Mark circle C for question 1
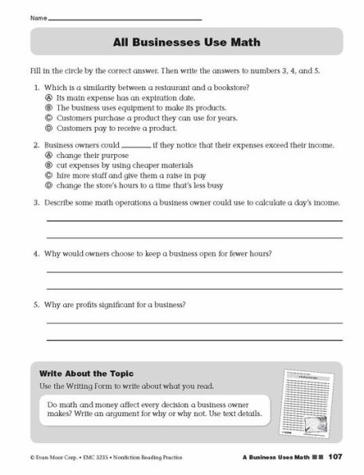click(49, 117)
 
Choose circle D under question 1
click(49, 128)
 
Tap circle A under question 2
click(49, 156)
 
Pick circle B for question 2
click(49, 166)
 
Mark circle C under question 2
click(49, 176)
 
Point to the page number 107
click(335, 456)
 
